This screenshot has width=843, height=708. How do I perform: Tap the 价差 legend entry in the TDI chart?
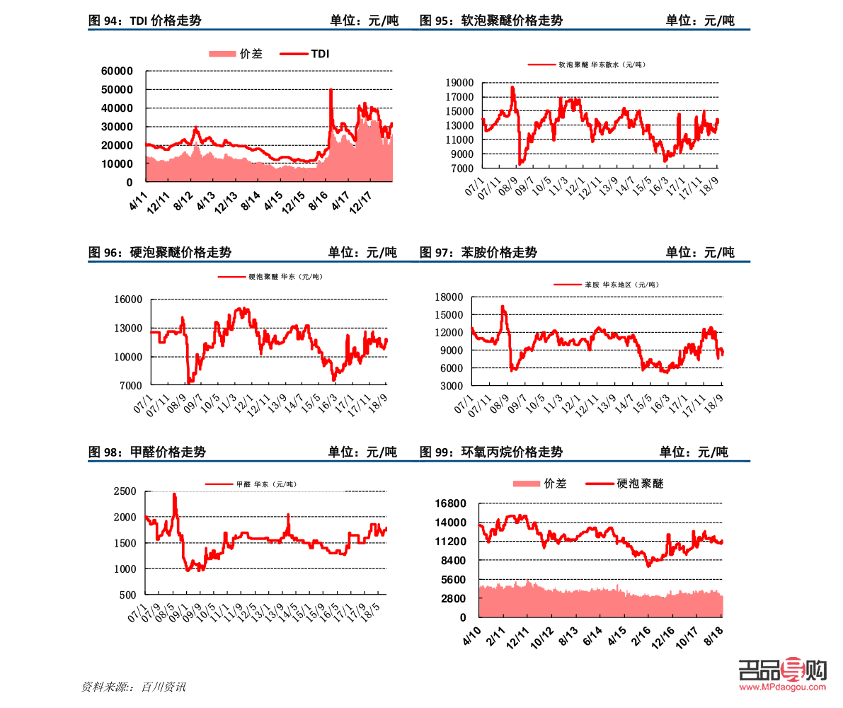(x=236, y=54)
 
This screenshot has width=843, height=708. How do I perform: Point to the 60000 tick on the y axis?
(x=117, y=71)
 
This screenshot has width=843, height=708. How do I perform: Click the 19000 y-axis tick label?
(x=459, y=83)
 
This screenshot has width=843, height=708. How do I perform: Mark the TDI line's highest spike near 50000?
(x=331, y=90)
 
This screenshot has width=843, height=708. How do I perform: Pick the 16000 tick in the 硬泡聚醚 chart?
(x=128, y=299)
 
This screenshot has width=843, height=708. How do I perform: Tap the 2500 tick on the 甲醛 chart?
(x=125, y=491)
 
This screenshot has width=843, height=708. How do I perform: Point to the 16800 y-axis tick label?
(x=451, y=503)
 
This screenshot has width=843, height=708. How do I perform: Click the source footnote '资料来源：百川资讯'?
(x=134, y=687)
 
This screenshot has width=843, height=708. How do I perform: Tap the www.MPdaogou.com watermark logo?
(x=782, y=673)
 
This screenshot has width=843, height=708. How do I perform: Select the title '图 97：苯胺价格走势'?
(x=478, y=252)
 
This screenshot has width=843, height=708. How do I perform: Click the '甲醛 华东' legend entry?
(x=251, y=484)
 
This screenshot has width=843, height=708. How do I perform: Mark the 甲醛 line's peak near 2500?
(x=174, y=495)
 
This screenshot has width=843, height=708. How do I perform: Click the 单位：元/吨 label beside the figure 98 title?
(x=362, y=452)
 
